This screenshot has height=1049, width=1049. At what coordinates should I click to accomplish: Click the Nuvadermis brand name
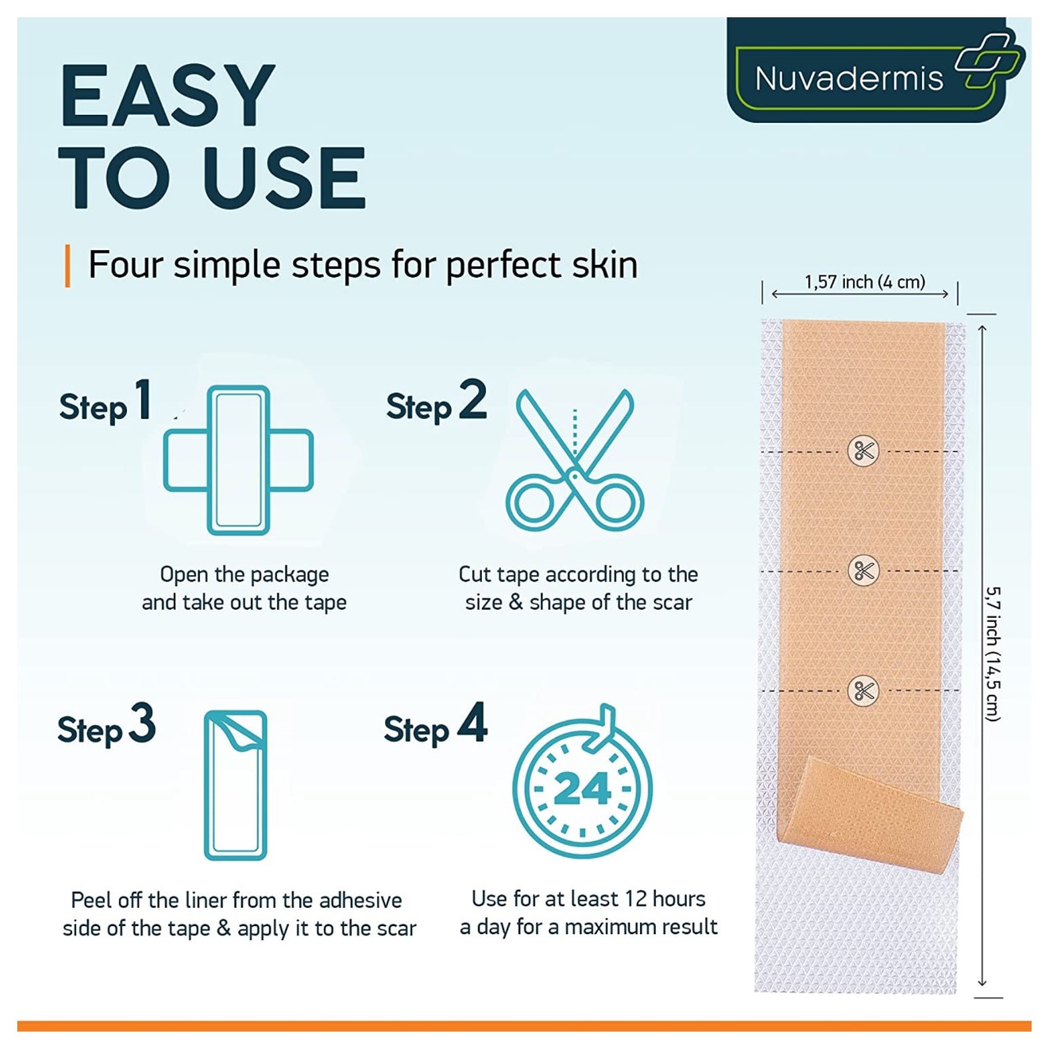[x=849, y=79]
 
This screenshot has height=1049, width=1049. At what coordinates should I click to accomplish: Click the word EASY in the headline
[x=167, y=96]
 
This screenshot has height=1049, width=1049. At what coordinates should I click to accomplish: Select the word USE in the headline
[x=285, y=178]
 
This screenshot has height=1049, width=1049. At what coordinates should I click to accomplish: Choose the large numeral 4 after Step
[x=473, y=722]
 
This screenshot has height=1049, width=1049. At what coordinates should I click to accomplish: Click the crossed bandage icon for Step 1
[x=238, y=461]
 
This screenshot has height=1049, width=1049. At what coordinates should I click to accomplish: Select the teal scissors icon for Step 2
[x=574, y=461]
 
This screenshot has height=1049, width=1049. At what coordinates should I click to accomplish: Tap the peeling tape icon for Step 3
[x=236, y=786]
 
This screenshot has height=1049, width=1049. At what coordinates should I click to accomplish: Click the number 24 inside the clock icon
[x=583, y=789]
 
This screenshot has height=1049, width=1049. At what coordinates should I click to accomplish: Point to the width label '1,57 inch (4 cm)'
[x=865, y=281]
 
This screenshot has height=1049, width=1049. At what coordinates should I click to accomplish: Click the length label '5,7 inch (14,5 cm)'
[x=993, y=654]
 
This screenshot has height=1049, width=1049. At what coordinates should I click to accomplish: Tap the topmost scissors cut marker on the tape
[x=863, y=452]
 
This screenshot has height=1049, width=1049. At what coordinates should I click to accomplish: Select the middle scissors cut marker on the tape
[x=863, y=570]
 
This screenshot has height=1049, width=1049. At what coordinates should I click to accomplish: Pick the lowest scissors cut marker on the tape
[x=863, y=690]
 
